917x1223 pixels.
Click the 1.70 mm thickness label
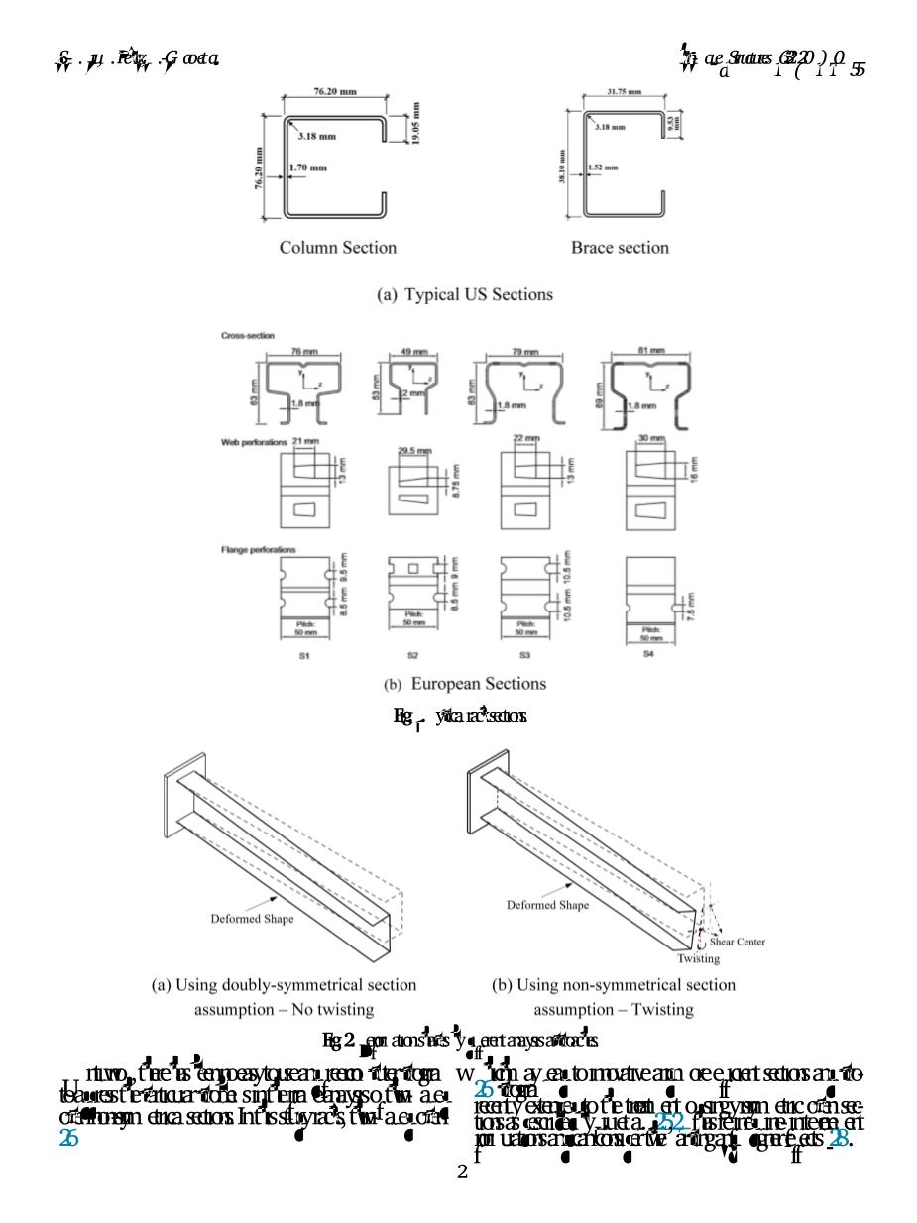[309, 167]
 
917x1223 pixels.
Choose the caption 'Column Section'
[337, 248]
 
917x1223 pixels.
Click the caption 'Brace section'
[620, 248]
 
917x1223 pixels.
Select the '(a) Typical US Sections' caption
[465, 294]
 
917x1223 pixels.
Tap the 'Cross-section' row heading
[248, 336]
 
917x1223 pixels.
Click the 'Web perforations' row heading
[254, 442]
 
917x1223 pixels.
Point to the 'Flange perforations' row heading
[258, 549]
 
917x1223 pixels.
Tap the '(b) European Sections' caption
[465, 684]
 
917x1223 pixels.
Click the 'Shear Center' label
[737, 942]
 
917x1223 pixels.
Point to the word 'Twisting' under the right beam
[699, 958]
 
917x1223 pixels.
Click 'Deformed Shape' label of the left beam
[252, 919]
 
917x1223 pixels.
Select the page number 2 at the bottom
[462, 1173]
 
